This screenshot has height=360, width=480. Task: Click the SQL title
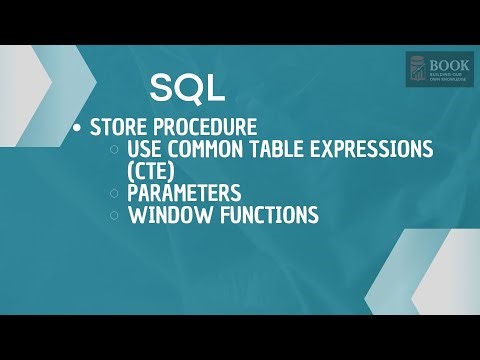tap(187, 88)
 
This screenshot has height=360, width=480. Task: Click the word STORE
tap(117, 128)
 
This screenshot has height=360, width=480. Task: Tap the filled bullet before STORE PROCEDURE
tap(78, 129)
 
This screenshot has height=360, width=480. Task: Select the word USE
tap(147, 149)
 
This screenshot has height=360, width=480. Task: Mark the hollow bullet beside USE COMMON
tap(115, 150)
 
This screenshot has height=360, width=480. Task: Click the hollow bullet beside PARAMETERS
tap(115, 193)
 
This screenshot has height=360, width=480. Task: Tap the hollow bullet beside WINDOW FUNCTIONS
tap(115, 215)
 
